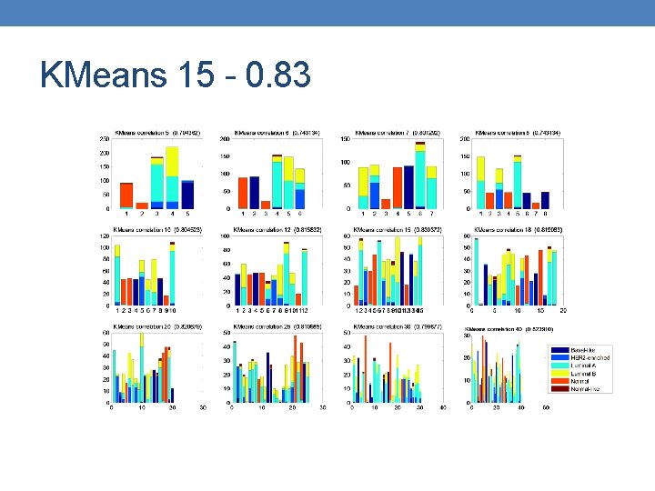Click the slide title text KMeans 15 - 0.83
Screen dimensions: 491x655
[175, 75]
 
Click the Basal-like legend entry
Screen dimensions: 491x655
[590, 350]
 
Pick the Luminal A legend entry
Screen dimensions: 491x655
[590, 366]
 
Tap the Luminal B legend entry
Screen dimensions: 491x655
[590, 373]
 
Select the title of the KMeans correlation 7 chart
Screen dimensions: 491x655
[398, 133]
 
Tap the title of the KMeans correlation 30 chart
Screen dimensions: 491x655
[398, 326]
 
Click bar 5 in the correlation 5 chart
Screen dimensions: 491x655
[187, 195]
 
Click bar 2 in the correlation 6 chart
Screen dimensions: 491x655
[254, 193]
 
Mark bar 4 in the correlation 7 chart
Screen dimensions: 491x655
[397, 188]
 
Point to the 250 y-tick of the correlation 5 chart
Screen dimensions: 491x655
[105, 139]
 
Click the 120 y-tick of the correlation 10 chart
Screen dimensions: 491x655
[105, 236]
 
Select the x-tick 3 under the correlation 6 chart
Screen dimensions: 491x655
[266, 215]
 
